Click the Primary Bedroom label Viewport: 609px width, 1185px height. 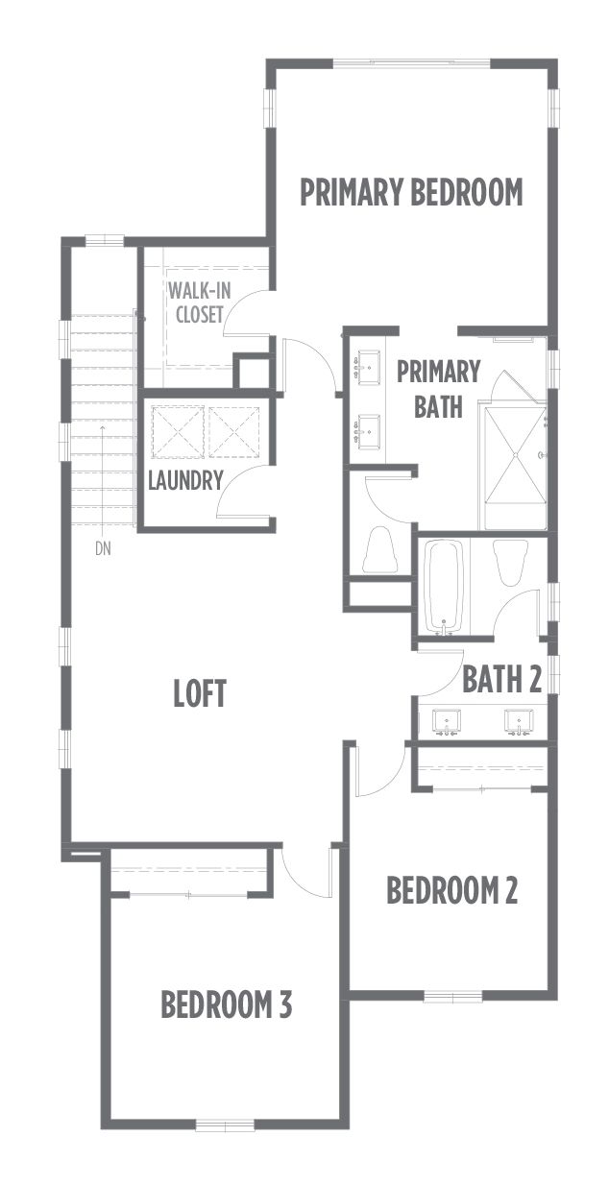[x=411, y=192]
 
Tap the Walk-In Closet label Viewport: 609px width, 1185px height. [x=199, y=302]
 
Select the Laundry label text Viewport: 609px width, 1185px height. [x=185, y=480]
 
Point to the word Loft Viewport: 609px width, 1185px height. [x=200, y=693]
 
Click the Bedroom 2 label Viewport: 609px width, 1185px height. [x=451, y=890]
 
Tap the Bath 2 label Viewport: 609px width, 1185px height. [x=501, y=679]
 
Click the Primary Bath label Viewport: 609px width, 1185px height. [x=438, y=389]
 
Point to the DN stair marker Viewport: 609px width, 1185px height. [x=103, y=549]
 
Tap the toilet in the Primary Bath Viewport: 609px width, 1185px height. [x=379, y=548]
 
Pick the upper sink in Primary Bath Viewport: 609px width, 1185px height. [x=368, y=366]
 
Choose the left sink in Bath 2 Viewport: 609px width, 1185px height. [x=447, y=722]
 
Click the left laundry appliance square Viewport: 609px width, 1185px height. [x=178, y=432]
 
